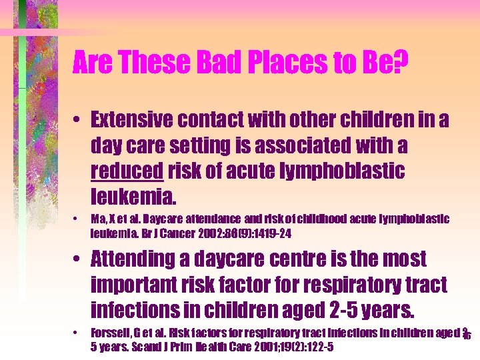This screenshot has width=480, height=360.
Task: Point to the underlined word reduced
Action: coord(127,171)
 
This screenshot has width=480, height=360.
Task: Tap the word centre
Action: coord(297,259)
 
